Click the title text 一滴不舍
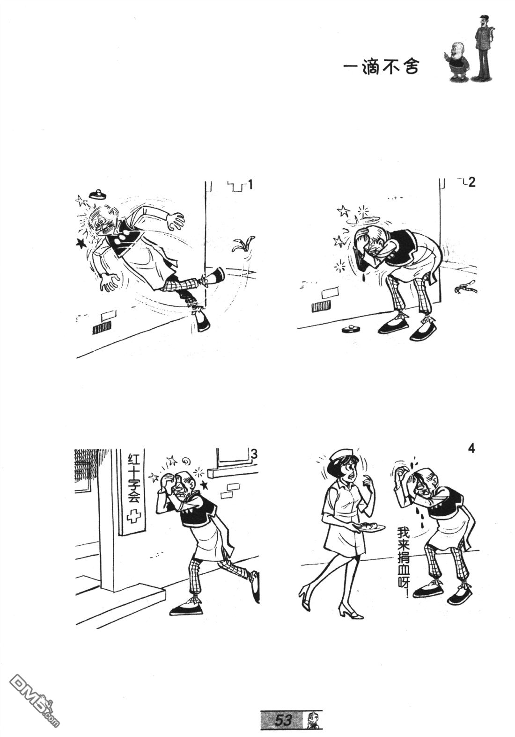(381, 67)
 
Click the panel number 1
(250, 185)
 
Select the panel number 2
(471, 182)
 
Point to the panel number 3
(254, 455)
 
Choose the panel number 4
(471, 448)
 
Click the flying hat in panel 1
(97, 194)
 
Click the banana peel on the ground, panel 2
(465, 287)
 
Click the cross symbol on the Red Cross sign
(133, 517)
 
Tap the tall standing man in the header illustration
(484, 46)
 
